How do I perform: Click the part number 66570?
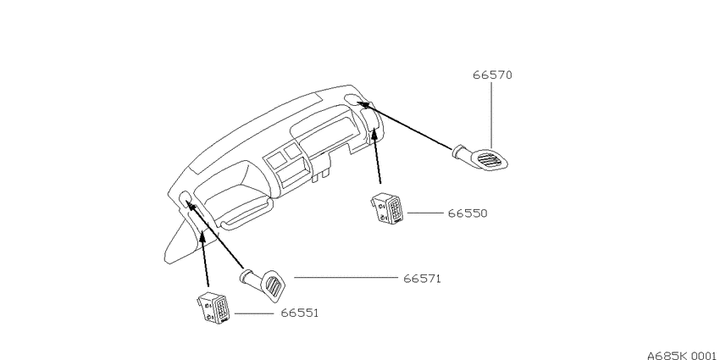click(x=492, y=75)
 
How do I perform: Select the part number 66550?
click(x=468, y=213)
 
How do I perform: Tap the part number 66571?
click(x=422, y=279)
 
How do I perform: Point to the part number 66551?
click(x=299, y=313)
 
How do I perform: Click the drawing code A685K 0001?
click(x=683, y=356)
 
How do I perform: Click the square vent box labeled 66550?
click(x=388, y=209)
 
